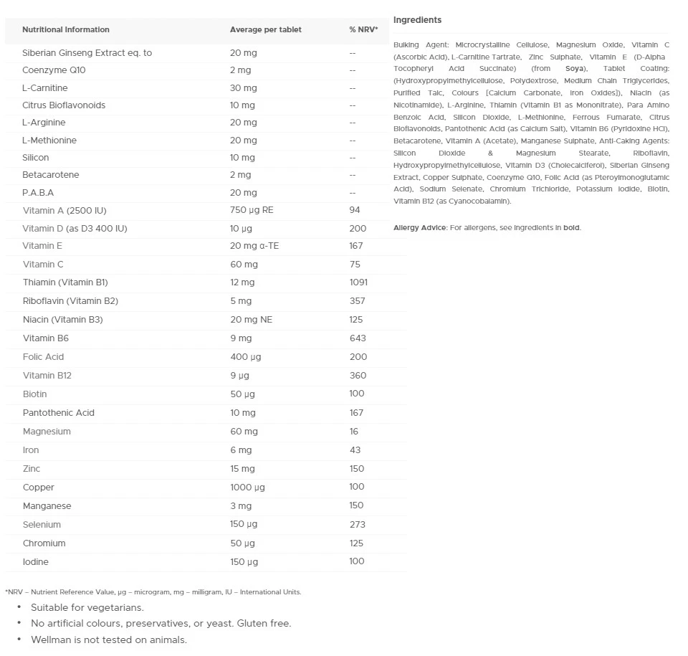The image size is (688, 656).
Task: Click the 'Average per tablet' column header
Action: coord(265,30)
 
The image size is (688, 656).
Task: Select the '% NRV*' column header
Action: coord(363,30)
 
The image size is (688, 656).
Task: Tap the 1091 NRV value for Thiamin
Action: coord(358,282)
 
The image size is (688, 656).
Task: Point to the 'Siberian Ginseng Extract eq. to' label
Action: coord(87,53)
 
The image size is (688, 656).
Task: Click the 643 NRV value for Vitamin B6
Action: coord(358,338)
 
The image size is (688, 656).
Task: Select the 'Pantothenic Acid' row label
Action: coord(58,413)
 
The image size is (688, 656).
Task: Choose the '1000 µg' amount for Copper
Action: coord(247,488)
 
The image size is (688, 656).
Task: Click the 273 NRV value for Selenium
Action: coord(358,525)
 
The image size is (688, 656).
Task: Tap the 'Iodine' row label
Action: coord(36,562)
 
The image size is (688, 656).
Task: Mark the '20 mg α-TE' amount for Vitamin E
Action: coord(253,246)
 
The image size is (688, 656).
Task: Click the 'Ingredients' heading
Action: coord(417,20)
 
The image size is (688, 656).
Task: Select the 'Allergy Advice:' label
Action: coord(420,228)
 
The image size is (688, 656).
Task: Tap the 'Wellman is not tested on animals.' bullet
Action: coord(108,640)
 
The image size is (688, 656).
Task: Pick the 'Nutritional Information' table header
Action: coord(66,30)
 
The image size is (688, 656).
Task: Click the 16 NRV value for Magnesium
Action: coord(354,432)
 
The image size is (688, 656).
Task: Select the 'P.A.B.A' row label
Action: coord(38,193)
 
